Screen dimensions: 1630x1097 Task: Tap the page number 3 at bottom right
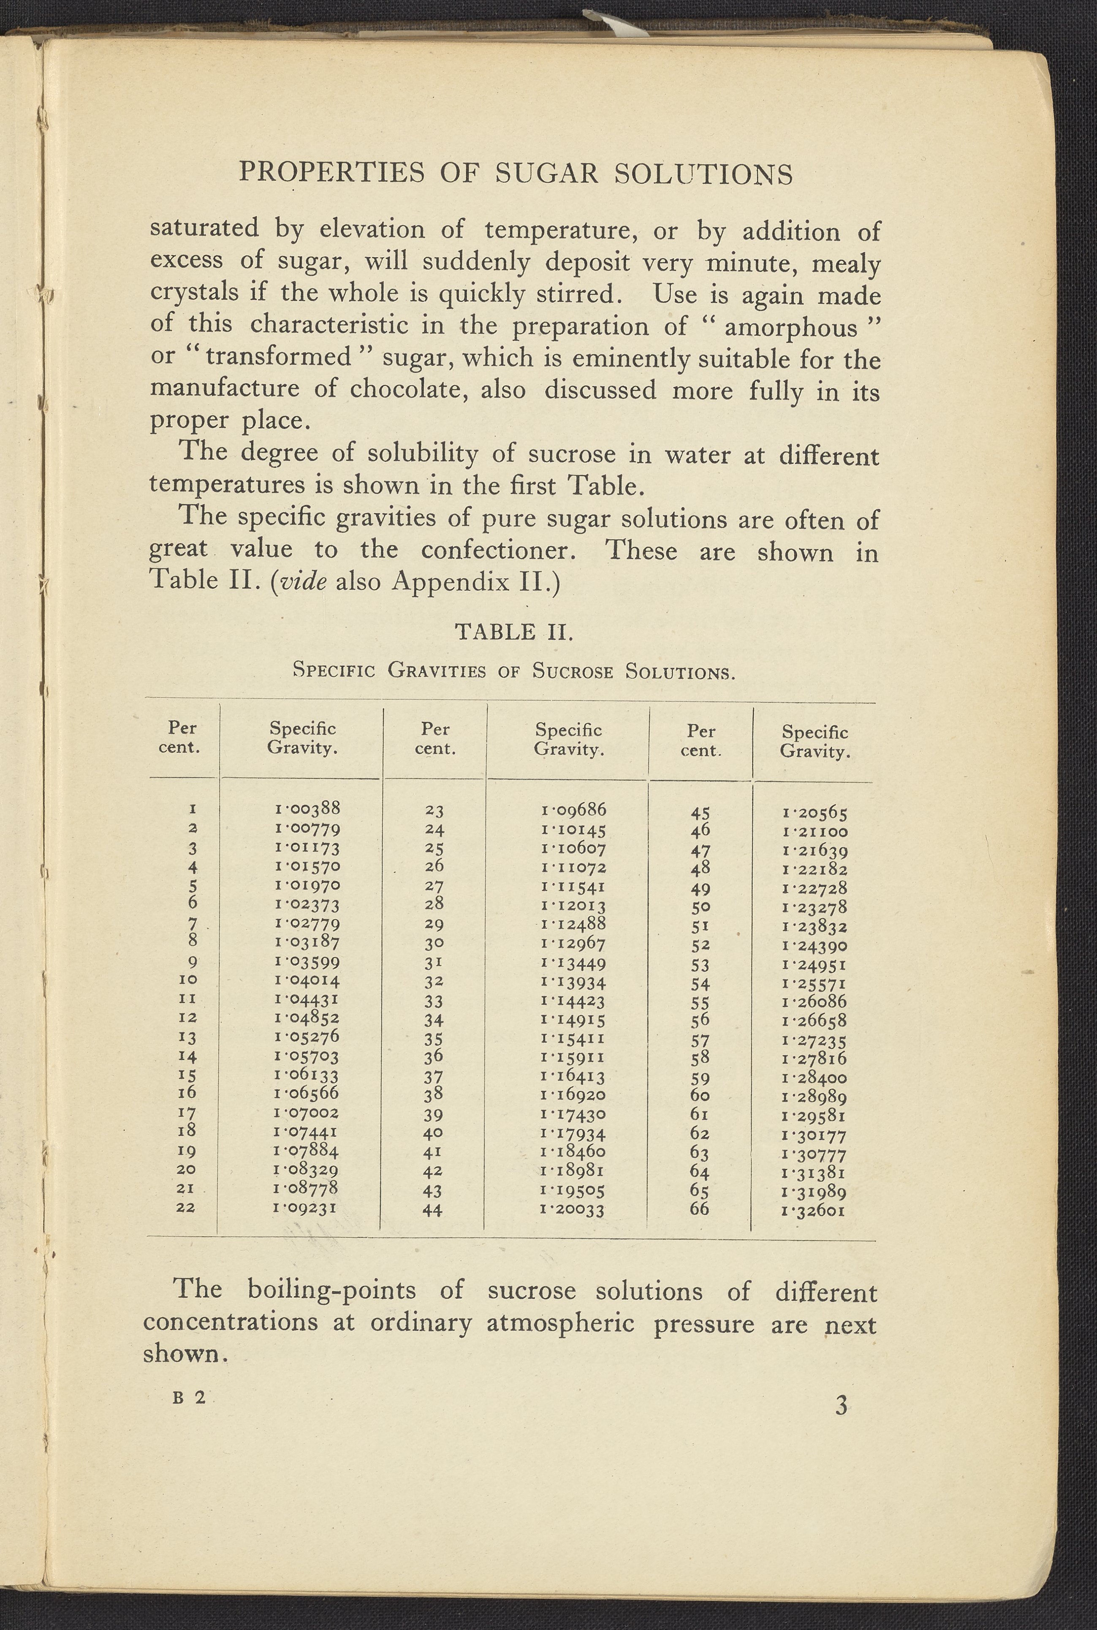click(841, 1405)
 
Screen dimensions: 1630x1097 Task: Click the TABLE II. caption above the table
click(515, 633)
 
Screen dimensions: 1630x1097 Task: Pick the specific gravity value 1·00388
click(308, 809)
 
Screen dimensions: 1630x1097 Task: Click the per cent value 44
click(433, 1209)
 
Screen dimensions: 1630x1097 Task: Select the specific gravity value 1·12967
click(574, 943)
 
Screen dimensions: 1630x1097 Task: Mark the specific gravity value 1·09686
click(574, 810)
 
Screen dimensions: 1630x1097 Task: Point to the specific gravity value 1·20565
click(815, 813)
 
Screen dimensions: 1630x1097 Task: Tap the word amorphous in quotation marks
click(791, 327)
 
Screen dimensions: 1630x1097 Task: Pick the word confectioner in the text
click(499, 551)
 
